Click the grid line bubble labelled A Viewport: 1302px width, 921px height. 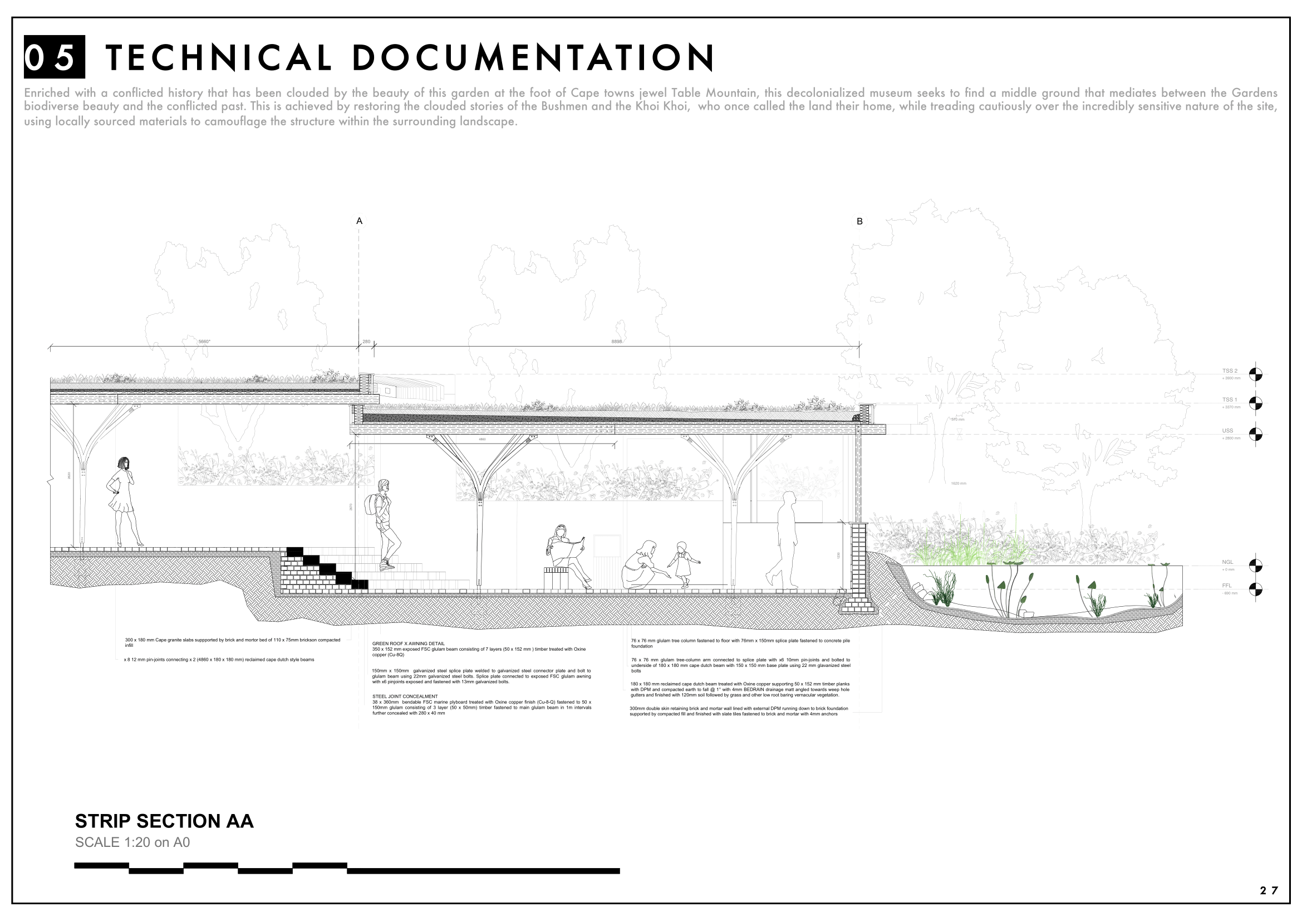coord(359,221)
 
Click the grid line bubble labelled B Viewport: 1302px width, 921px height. coord(859,221)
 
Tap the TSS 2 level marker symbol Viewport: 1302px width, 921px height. coord(1256,374)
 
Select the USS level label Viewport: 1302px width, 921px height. coord(1227,431)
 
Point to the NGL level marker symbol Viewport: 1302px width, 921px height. coord(1256,566)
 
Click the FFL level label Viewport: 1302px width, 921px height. coord(1227,586)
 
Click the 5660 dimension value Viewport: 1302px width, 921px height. coord(204,342)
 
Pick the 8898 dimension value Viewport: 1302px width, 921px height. coord(616,342)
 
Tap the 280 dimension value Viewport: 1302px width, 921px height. coord(366,342)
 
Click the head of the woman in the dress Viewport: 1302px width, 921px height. coord(124,463)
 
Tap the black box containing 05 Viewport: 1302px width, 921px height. coord(55,57)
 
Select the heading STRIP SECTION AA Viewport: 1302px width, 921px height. coord(164,821)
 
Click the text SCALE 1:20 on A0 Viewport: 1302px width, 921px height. coord(132,842)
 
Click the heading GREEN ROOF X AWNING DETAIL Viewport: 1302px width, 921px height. coord(408,644)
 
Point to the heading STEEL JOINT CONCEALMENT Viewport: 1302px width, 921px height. coord(405,696)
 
